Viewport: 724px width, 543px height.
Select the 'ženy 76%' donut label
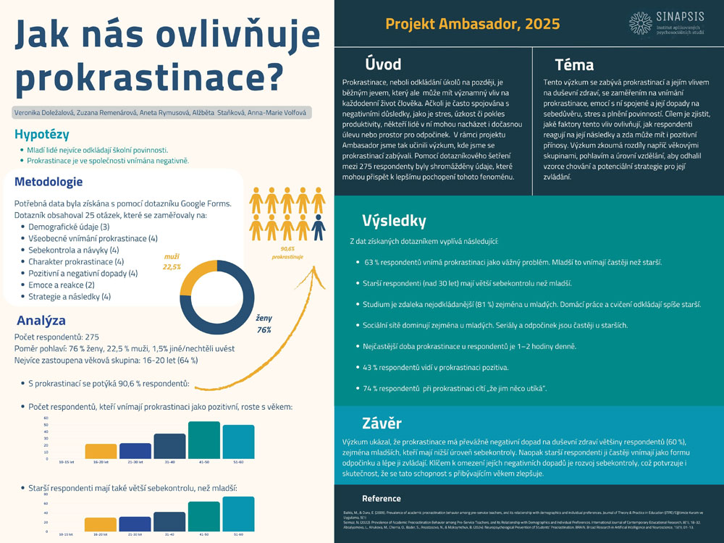coord(263,324)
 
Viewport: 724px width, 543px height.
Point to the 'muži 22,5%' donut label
coord(171,261)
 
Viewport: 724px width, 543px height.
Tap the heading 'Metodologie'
coord(49,181)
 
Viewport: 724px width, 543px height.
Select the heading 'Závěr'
coord(382,424)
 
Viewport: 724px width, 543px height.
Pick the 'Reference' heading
coord(382,498)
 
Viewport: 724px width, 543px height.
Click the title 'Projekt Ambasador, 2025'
coord(472,24)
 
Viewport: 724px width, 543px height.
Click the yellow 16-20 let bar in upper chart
coord(100,450)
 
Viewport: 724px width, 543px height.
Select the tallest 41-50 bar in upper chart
coord(203,439)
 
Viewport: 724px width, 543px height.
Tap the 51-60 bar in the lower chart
coord(238,514)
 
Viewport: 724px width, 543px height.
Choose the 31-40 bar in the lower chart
coord(169,521)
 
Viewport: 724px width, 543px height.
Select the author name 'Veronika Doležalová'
coord(41,113)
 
